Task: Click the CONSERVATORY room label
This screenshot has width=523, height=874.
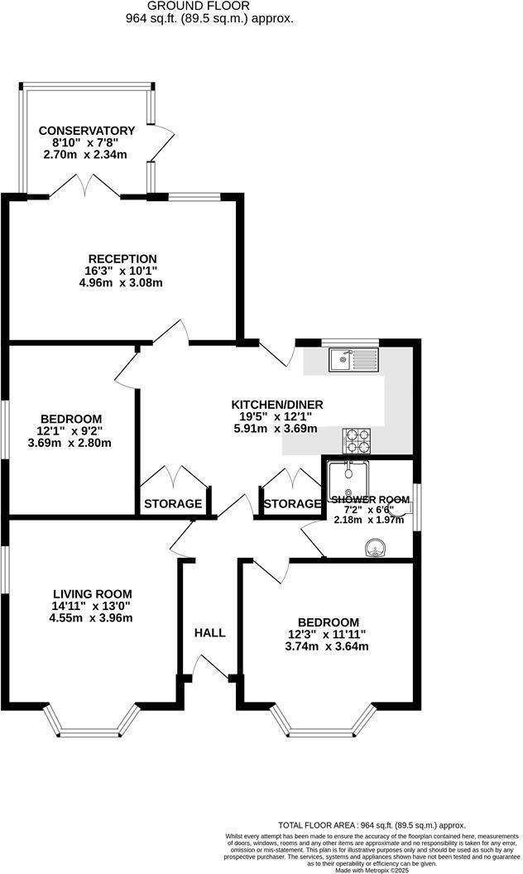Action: pos(87,131)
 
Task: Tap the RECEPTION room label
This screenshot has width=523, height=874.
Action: pos(122,259)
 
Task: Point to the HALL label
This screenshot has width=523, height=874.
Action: pos(209,632)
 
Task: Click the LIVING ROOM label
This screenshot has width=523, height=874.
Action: pos(92,593)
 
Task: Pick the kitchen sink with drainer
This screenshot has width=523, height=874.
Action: pos(353,359)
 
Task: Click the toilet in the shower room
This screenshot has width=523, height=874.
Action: pos(401,512)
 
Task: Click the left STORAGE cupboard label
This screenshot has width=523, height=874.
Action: pos(173,503)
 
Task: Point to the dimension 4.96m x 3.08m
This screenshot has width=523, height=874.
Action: pos(122,283)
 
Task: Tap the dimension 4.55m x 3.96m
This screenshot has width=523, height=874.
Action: pos(92,617)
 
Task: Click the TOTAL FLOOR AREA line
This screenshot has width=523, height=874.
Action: pos(372,825)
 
